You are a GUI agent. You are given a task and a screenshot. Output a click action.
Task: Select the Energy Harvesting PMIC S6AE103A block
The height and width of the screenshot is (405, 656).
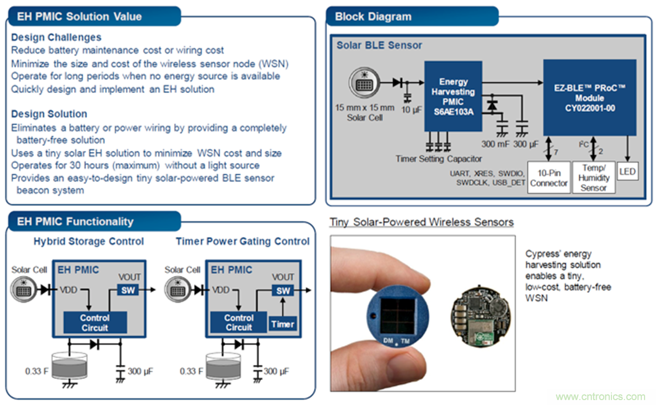coord(453,96)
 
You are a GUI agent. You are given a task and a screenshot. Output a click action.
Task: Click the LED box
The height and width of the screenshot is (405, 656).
coord(629,172)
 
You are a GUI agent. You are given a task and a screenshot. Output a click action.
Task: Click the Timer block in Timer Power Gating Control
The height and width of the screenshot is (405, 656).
coord(282,323)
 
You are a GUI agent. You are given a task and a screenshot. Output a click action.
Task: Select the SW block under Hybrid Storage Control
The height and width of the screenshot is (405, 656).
coord(128,291)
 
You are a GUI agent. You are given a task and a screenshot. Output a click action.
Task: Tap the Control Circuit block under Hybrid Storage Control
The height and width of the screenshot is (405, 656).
coord(95,322)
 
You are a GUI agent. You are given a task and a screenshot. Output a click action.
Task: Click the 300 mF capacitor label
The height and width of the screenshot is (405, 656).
coord(495,144)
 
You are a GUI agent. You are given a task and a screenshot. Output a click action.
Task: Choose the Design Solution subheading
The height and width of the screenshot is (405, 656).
coord(49,114)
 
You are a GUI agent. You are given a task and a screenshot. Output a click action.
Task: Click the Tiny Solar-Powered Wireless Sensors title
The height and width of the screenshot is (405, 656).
coord(422,222)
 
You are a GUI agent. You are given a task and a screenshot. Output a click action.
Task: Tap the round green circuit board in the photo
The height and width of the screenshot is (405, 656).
coord(483,316)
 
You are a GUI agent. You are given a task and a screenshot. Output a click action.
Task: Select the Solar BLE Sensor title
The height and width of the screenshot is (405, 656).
coord(379,45)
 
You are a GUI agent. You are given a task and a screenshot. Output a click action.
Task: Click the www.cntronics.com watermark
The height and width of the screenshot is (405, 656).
coord(601,397)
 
